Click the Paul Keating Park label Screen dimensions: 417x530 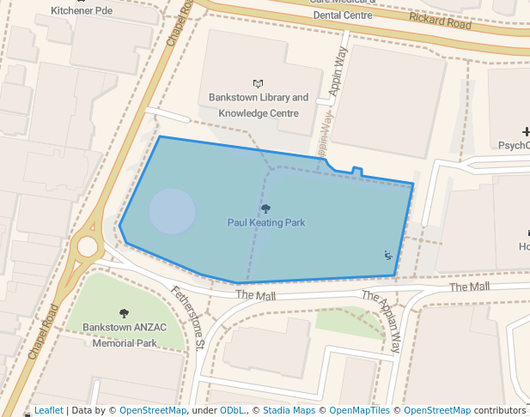click(266, 223)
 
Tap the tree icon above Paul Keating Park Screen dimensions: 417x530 click(265, 208)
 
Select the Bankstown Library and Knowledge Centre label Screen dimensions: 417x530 click(259, 106)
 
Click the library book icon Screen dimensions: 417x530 click(258, 83)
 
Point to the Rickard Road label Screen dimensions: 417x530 click(441, 21)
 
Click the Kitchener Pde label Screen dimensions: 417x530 click(82, 11)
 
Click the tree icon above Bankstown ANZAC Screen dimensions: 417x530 click(124, 313)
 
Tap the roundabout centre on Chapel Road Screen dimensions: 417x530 click(88, 248)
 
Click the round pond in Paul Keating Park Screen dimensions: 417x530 click(173, 211)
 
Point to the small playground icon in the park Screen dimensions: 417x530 click(388, 254)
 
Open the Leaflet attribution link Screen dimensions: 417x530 click(48, 411)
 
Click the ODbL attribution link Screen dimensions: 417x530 click(231, 411)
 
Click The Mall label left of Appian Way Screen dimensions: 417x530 click(256, 296)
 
